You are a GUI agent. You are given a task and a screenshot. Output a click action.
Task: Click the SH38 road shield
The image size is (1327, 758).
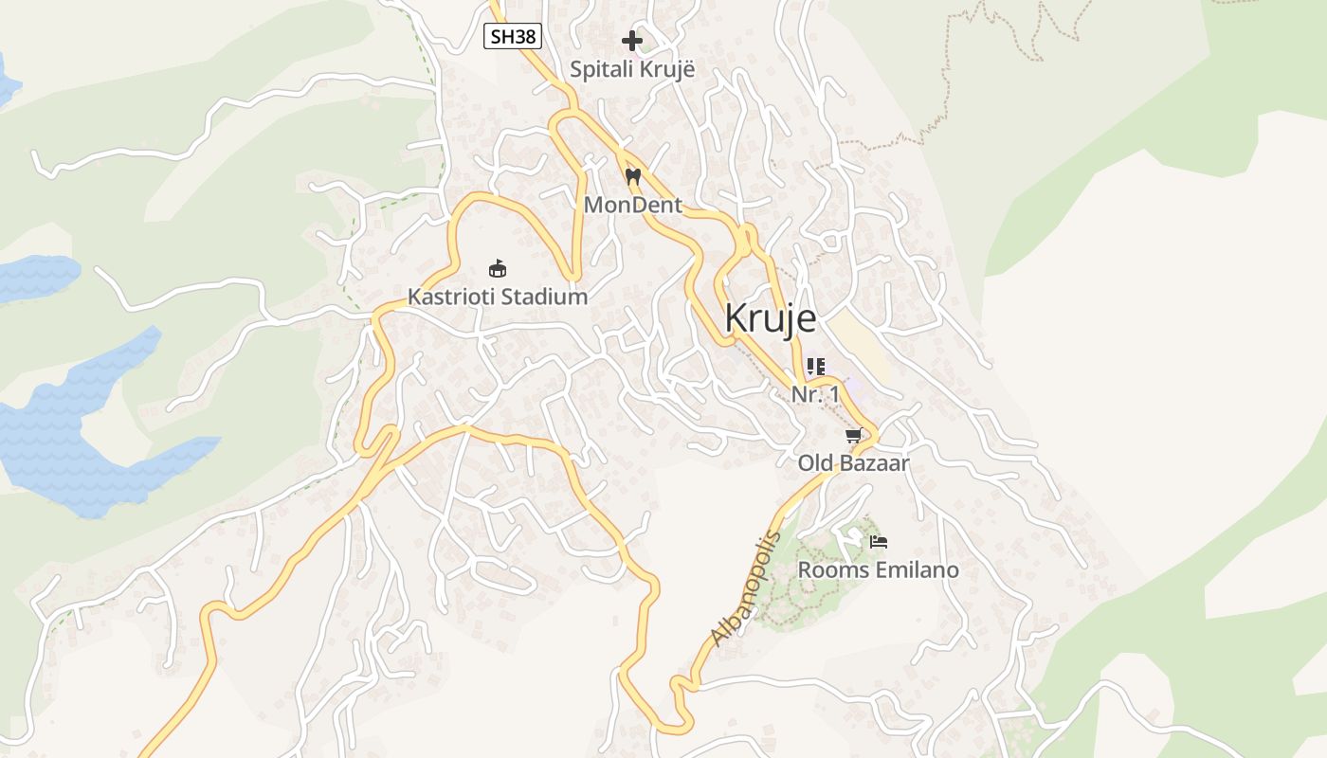(513, 37)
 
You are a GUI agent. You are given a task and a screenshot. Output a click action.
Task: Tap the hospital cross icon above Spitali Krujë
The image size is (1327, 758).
(632, 41)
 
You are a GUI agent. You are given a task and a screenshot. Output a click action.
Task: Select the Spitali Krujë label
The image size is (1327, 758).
(632, 69)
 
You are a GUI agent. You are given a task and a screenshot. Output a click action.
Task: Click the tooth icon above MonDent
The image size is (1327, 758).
(633, 176)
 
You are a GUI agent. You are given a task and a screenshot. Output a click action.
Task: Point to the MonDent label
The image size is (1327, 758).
(633, 205)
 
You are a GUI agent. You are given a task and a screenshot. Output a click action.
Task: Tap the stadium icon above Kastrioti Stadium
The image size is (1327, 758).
(497, 268)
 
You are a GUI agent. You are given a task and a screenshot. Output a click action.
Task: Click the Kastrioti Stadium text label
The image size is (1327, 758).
(498, 297)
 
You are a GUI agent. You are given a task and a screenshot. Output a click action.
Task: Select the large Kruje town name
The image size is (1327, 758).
(770, 318)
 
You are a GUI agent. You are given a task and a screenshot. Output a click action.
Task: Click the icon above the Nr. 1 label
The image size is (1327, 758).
(815, 366)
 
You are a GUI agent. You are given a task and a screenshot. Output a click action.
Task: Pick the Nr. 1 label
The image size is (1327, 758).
(815, 394)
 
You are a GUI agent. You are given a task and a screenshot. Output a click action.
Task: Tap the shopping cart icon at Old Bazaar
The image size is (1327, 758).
(853, 436)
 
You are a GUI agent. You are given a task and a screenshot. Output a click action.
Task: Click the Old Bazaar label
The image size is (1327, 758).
(853, 463)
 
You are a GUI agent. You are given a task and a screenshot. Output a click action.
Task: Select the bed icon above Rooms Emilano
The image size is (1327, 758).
(879, 542)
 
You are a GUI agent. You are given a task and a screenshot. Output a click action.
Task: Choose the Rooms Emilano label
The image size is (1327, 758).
(878, 570)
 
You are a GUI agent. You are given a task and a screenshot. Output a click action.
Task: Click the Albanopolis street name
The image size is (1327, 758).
(746, 588)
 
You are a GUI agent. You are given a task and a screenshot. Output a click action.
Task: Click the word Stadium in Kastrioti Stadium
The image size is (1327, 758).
(544, 297)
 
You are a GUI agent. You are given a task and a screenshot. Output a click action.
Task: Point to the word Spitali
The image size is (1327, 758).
(602, 69)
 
